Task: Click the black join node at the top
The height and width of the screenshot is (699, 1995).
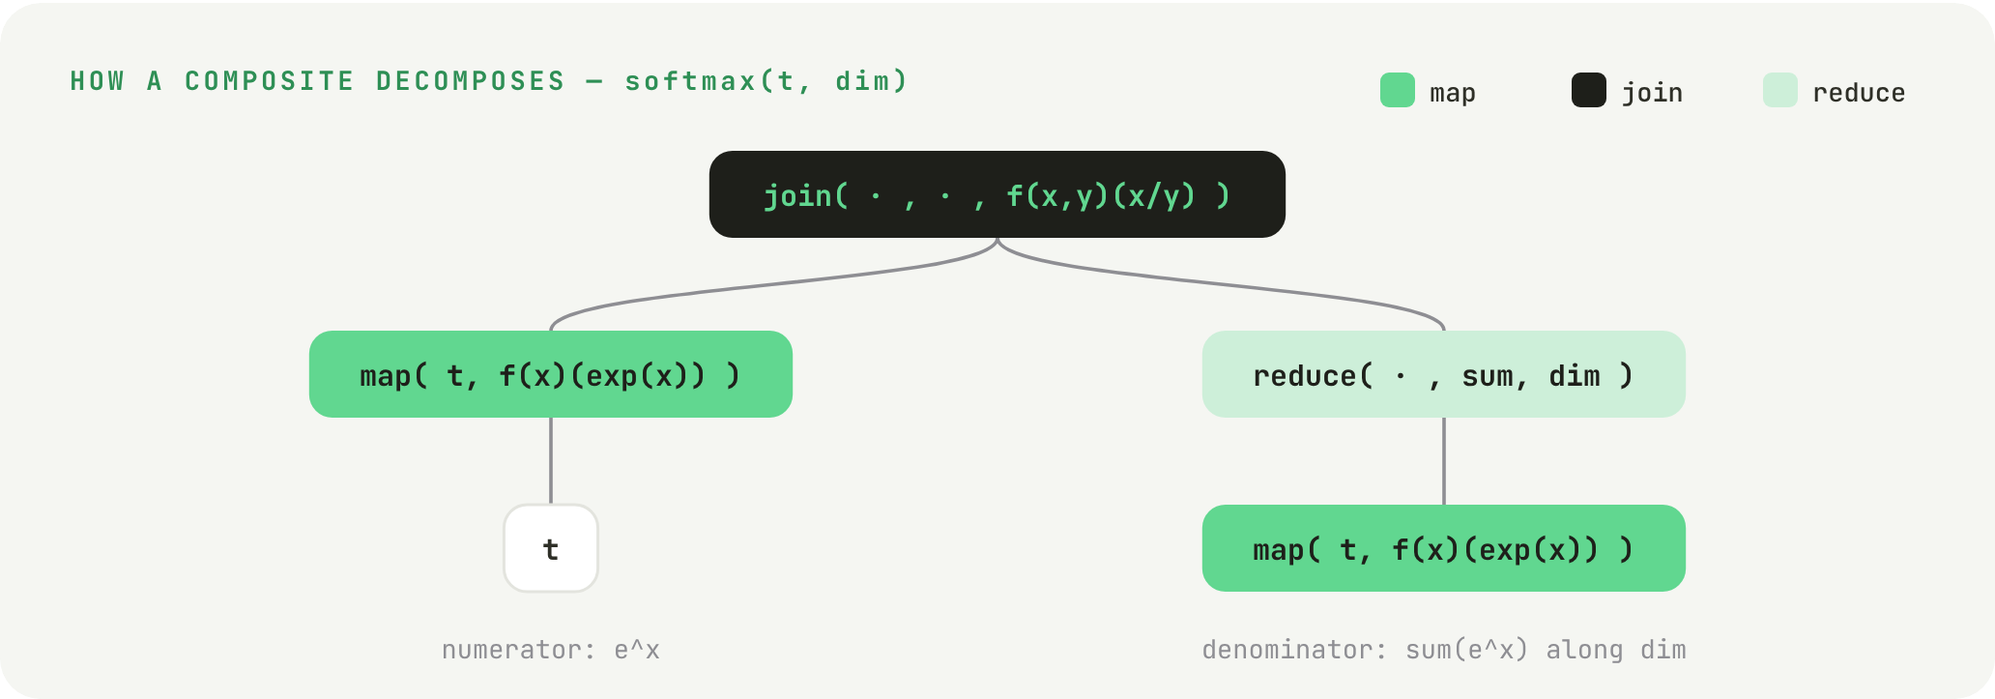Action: [x=997, y=194]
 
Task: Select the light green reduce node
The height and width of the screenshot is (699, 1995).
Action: [x=1444, y=374]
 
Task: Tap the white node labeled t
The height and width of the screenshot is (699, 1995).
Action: [x=551, y=548]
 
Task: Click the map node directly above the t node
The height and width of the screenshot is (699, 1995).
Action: [x=551, y=374]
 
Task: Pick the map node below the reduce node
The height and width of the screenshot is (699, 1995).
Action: [x=1444, y=548]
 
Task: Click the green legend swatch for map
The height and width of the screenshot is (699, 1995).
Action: [x=1398, y=90]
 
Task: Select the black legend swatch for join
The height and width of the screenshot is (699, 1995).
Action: [x=1589, y=90]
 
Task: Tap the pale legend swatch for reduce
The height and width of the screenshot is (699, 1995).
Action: [x=1780, y=90]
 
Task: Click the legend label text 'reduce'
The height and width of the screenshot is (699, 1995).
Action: [x=1859, y=93]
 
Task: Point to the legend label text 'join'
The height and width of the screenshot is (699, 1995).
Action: [x=1652, y=93]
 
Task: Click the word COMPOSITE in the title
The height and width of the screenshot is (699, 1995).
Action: [x=269, y=81]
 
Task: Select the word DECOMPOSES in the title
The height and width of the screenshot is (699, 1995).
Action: [x=471, y=81]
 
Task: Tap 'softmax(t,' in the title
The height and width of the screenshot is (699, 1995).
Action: [x=719, y=81]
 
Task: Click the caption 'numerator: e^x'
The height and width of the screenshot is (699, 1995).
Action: [x=551, y=650]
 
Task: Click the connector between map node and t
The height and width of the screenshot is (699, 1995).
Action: [x=551, y=461]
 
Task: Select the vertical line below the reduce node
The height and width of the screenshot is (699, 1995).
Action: [x=1444, y=461]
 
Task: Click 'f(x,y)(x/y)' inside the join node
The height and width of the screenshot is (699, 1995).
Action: [x=1101, y=196]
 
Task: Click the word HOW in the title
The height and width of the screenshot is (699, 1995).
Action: [x=97, y=81]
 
